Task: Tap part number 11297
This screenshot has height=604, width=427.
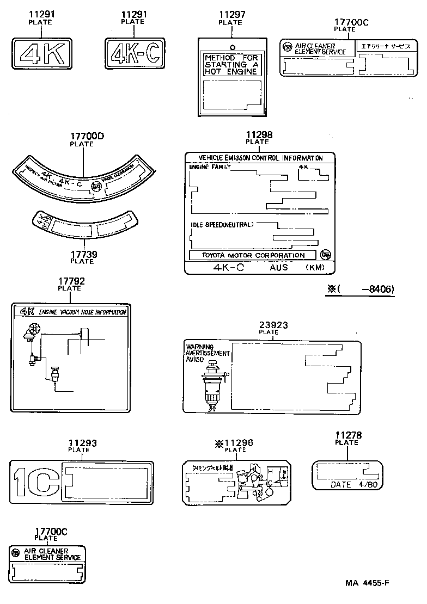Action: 231,16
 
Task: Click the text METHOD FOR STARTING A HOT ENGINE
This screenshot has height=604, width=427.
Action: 231,64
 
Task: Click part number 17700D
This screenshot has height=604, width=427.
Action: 82,137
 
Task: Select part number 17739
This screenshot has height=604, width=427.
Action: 82,254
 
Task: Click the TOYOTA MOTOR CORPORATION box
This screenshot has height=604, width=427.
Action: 254,255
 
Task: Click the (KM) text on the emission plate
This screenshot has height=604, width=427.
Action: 315,268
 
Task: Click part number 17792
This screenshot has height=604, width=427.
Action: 69,281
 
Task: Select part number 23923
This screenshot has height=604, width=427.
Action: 273,325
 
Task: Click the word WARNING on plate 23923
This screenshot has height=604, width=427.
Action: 199,347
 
